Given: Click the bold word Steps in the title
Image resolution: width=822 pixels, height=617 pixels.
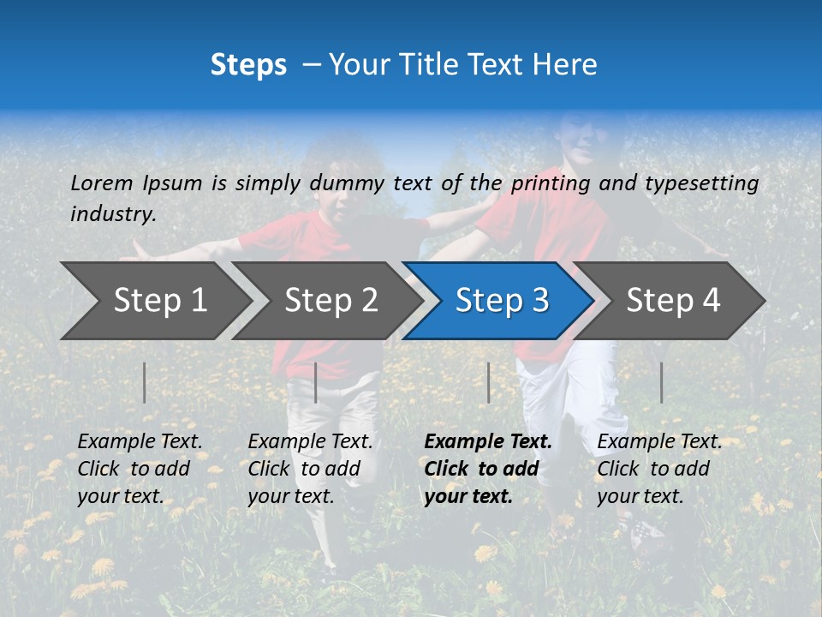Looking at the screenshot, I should pyautogui.click(x=248, y=65).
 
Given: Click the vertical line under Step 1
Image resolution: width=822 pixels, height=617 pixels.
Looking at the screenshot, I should pyautogui.click(x=145, y=382).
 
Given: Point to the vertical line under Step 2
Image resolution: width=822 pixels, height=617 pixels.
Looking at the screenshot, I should pyautogui.click(x=316, y=382).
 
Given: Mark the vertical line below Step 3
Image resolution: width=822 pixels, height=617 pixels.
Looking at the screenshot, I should pyautogui.click(x=488, y=382).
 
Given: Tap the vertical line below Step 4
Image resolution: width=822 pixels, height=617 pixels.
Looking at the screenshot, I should pyautogui.click(x=661, y=382).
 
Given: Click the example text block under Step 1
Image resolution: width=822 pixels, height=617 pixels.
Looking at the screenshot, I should pyautogui.click(x=140, y=469).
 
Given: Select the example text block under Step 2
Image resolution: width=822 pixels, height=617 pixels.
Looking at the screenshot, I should pyautogui.click(x=310, y=469).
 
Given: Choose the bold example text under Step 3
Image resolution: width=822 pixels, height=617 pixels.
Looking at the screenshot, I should pyautogui.click(x=487, y=469).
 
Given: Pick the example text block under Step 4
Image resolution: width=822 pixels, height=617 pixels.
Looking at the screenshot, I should pyautogui.click(x=659, y=469).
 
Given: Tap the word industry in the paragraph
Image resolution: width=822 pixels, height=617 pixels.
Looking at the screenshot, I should pyautogui.click(x=113, y=214).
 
